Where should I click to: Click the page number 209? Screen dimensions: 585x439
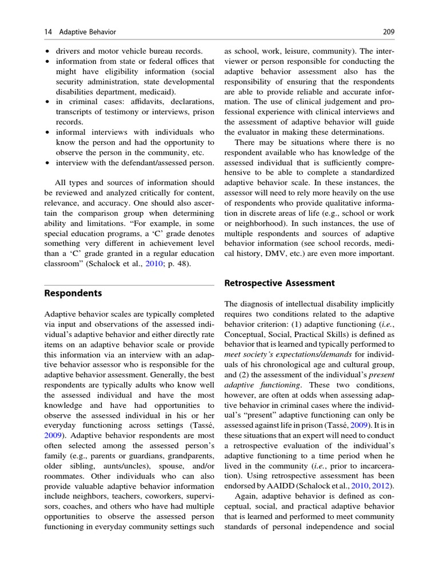(389, 31)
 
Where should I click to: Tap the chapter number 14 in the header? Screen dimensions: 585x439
(48, 31)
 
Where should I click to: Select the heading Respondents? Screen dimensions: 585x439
(73, 293)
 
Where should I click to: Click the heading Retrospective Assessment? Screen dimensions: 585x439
(279, 283)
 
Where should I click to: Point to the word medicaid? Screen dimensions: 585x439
(158, 92)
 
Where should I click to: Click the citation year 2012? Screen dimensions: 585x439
(384, 486)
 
